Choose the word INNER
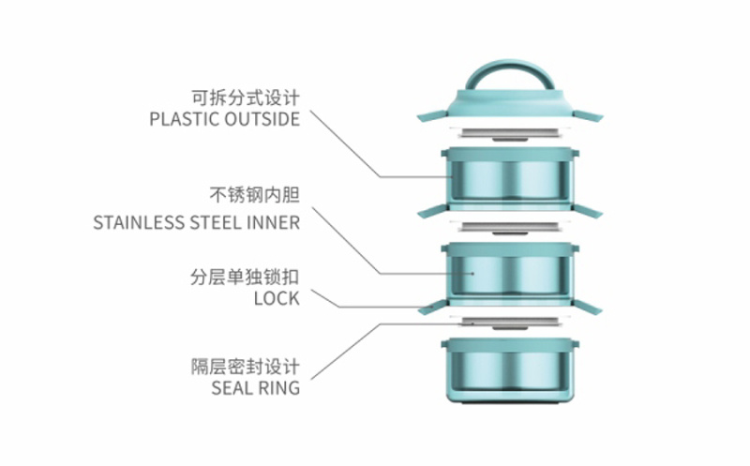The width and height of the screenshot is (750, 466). [x=277, y=223]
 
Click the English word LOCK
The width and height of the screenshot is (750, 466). [x=277, y=299]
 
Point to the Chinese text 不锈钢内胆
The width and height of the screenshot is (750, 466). [x=254, y=198]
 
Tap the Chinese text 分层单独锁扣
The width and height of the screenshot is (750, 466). [x=245, y=278]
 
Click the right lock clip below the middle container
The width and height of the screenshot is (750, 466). [x=590, y=308]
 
